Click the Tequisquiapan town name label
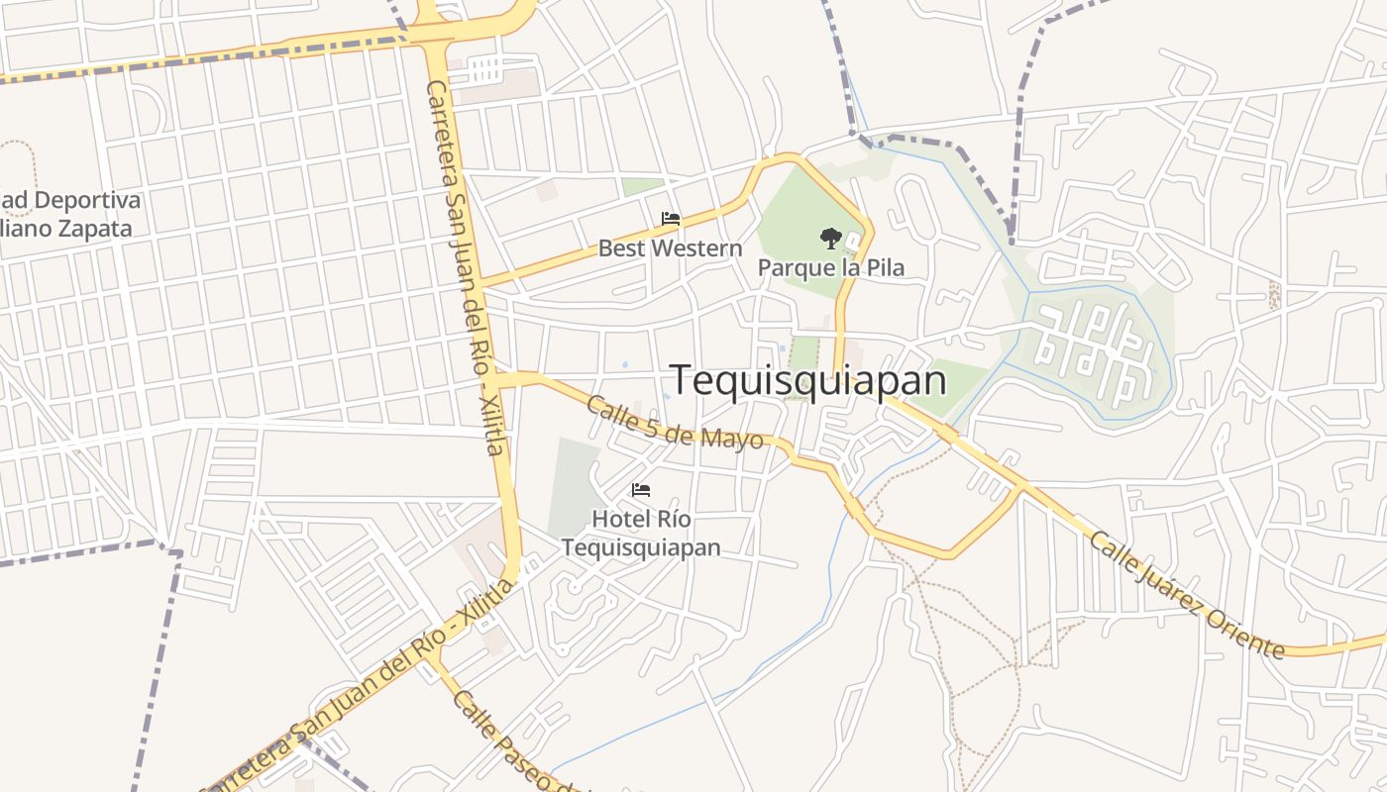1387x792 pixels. pyautogui.click(x=808, y=380)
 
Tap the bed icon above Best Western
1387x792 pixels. pyautogui.click(x=671, y=219)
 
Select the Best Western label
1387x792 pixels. pyautogui.click(x=670, y=247)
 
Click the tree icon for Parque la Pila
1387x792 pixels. pyautogui.click(x=830, y=238)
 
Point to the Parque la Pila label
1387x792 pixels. pyautogui.click(x=830, y=267)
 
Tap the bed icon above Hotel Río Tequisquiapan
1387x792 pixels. pyautogui.click(x=641, y=490)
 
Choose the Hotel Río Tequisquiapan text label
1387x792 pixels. pyautogui.click(x=641, y=533)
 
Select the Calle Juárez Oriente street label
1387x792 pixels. pyautogui.click(x=1187, y=594)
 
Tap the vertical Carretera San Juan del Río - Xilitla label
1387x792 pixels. pyautogui.click(x=467, y=267)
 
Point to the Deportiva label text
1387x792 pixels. pyautogui.click(x=85, y=200)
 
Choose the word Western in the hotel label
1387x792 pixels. pyautogui.click(x=698, y=247)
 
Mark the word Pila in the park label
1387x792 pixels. pyautogui.click(x=884, y=267)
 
